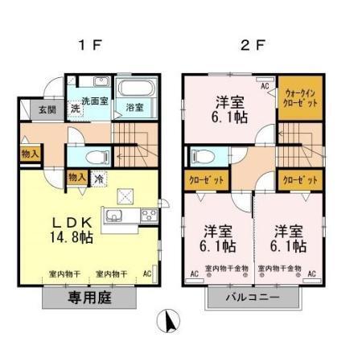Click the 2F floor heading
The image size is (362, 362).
pyautogui.click(x=253, y=44)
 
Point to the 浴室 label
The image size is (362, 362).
pyautogui.click(x=134, y=107)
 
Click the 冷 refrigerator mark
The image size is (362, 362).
pyautogui.click(x=98, y=179)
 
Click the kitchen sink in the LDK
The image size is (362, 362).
pyautogui.click(x=113, y=216)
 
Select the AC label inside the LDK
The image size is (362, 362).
pyautogui.click(x=146, y=273)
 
